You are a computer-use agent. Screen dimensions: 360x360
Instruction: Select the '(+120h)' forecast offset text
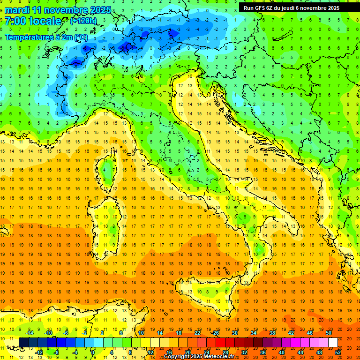click(x=83, y=21)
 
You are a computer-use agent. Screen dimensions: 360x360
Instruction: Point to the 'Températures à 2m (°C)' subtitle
click(x=46, y=37)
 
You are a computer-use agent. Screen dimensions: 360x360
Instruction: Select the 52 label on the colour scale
click(x=338, y=352)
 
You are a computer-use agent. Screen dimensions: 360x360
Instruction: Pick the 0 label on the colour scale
click(x=93, y=352)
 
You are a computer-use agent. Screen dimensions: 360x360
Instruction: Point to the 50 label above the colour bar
click(x=329, y=333)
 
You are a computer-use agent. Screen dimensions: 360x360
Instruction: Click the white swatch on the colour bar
click(x=333, y=342)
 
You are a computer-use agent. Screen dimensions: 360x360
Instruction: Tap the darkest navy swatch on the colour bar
click(x=24, y=342)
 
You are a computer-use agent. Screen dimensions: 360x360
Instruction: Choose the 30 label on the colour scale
click(x=234, y=333)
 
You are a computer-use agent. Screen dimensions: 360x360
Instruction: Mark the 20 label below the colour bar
click(x=187, y=352)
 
